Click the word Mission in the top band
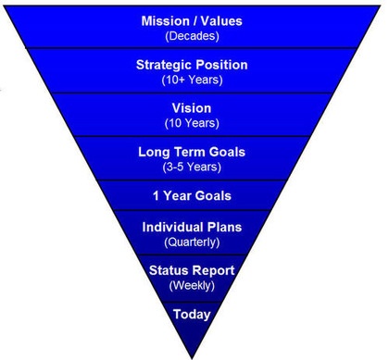click(x=164, y=21)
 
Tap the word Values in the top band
click(x=221, y=21)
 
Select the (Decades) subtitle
click(x=192, y=36)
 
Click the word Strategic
click(x=164, y=65)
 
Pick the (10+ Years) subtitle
click(x=192, y=80)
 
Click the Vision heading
click(x=192, y=108)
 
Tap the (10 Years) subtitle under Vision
click(x=192, y=123)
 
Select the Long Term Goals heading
click(x=192, y=152)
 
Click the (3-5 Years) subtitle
click(x=192, y=168)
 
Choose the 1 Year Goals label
click(x=192, y=196)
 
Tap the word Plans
click(x=224, y=227)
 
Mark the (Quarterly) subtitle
click(x=192, y=242)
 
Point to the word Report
click(x=211, y=271)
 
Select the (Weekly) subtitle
click(x=192, y=285)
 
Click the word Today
click(x=192, y=315)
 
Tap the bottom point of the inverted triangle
click(x=192, y=358)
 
